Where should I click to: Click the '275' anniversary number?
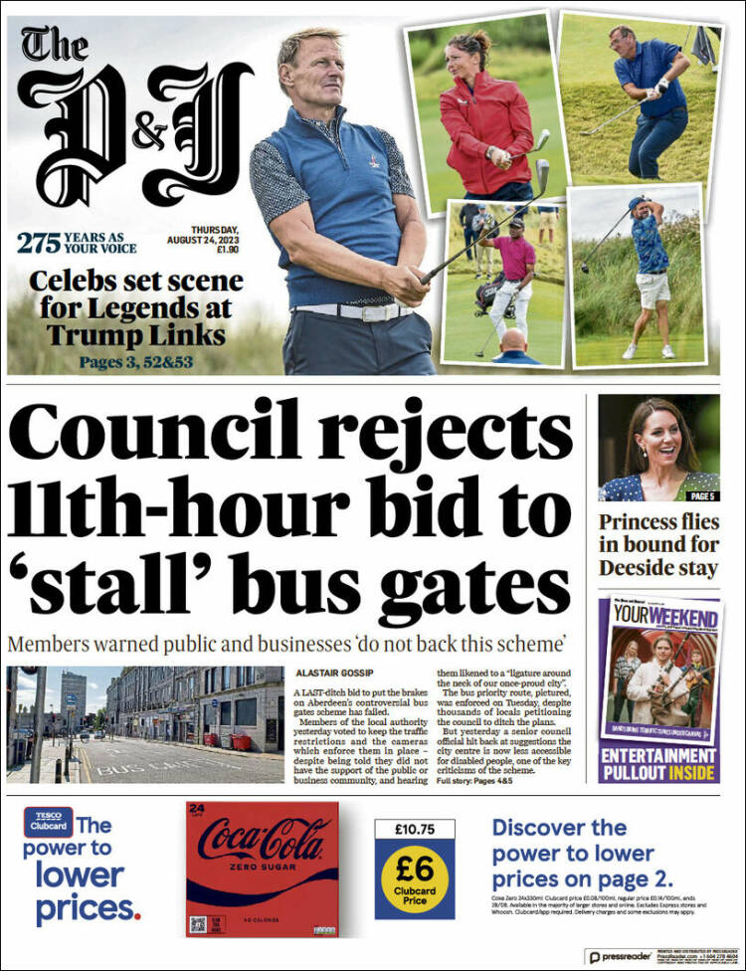[x=39, y=242]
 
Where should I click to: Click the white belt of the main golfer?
[x=353, y=311]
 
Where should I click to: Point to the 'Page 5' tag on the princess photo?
[x=702, y=495]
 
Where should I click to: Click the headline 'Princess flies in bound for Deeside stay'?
[x=657, y=544]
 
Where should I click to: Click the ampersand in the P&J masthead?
[x=151, y=135]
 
